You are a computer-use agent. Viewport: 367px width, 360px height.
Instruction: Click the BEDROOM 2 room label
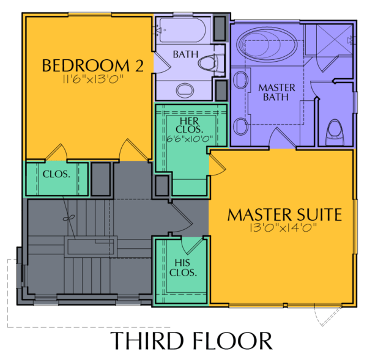(x=93, y=65)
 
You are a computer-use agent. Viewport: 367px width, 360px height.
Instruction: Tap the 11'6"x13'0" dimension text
(x=93, y=79)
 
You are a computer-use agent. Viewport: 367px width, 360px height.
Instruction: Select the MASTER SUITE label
(x=284, y=215)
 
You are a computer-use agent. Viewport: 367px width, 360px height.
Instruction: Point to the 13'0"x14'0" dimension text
(x=283, y=227)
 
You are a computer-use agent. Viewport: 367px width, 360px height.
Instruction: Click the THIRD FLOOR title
(x=191, y=340)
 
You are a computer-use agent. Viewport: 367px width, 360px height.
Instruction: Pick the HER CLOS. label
(x=190, y=125)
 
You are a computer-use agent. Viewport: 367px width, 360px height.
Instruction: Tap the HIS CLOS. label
(x=183, y=268)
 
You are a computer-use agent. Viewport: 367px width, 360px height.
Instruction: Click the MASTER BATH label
(x=276, y=92)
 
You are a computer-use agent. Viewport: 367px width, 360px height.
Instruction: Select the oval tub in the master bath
(x=267, y=45)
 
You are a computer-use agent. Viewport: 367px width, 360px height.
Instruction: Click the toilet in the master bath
(x=335, y=133)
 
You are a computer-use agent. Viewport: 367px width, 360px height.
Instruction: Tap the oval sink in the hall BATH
(x=185, y=90)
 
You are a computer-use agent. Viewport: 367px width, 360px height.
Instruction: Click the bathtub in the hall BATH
(x=182, y=31)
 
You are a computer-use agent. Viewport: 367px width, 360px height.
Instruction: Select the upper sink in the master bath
(x=240, y=80)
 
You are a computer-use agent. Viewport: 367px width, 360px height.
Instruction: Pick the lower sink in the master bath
(x=240, y=127)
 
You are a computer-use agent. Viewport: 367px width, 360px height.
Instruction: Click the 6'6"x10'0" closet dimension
(x=190, y=139)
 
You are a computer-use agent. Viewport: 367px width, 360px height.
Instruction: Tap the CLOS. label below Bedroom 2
(x=56, y=174)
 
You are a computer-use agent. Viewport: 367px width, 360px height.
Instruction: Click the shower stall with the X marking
(x=335, y=40)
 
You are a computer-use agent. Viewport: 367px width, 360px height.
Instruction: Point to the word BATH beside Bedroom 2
(x=185, y=54)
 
